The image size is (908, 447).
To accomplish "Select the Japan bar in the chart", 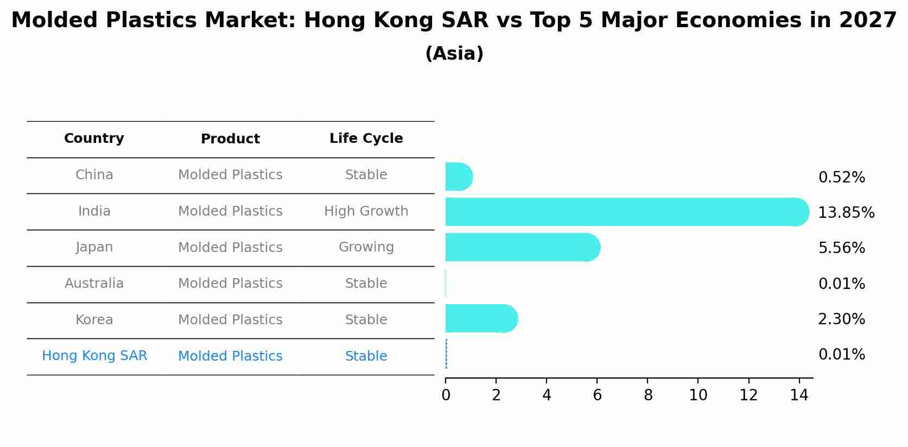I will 521,247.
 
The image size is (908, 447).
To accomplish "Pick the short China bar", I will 458,177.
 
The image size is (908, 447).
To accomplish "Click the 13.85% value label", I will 846,213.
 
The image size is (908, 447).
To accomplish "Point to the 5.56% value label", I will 841,248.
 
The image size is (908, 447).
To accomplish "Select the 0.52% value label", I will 841,178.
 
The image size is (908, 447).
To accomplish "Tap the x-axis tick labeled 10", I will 698,395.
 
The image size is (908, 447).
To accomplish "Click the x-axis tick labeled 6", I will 597,395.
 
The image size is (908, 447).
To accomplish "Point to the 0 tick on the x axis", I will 446,395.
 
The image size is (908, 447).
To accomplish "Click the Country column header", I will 94,138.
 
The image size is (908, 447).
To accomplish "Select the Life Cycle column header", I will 366,138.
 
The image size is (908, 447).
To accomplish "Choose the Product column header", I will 230,139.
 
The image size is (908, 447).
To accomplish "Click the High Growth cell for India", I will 366,211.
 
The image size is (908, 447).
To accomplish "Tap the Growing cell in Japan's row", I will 366,247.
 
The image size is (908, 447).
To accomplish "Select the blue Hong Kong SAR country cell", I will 94,356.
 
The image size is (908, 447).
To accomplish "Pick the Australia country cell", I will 94,284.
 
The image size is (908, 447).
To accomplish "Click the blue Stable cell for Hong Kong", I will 366,356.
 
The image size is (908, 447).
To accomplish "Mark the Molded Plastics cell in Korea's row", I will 230,320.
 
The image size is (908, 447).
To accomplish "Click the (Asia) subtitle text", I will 454,54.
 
